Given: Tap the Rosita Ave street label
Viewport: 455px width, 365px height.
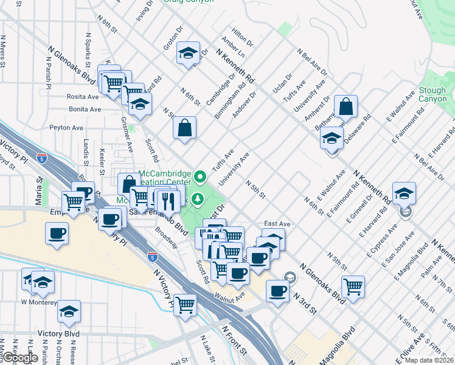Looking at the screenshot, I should click(84, 97).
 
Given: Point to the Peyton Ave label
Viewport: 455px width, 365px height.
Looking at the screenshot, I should click(66, 128).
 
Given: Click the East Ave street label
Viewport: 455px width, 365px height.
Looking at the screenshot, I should click(277, 224).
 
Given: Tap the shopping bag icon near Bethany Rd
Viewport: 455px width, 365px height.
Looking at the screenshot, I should click(346, 107).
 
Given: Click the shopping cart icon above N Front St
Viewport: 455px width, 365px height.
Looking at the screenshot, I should click(186, 304).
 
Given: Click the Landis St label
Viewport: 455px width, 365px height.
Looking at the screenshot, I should click(86, 151).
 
